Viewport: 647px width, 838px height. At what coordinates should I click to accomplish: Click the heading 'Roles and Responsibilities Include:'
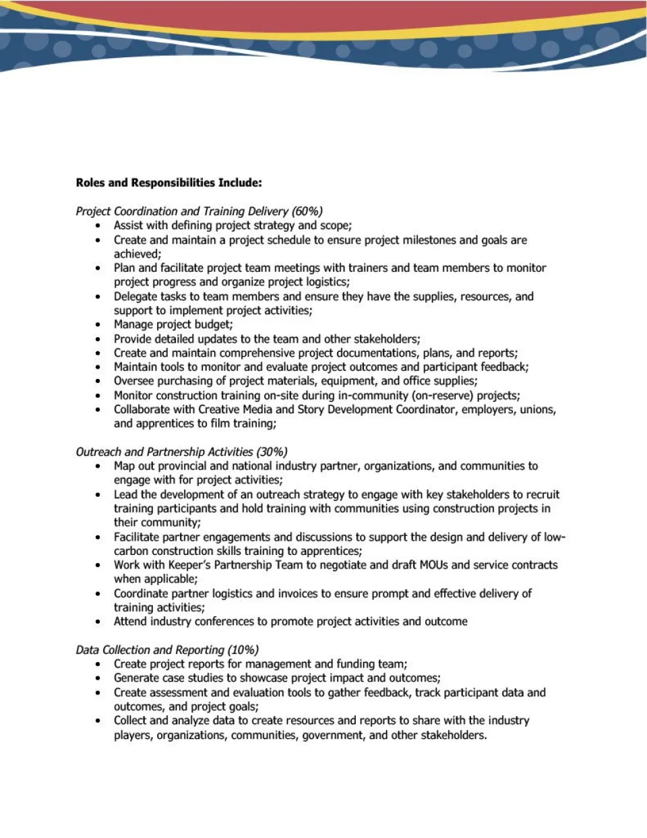pyautogui.click(x=168, y=183)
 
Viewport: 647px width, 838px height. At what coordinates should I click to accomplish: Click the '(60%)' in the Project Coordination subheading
pyautogui.click(x=307, y=211)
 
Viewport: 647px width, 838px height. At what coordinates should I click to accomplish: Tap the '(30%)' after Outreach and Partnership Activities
pyautogui.click(x=272, y=452)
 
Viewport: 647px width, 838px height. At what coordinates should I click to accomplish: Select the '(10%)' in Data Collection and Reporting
pyautogui.click(x=243, y=650)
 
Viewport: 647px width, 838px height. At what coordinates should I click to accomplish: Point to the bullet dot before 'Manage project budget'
pyautogui.click(x=98, y=325)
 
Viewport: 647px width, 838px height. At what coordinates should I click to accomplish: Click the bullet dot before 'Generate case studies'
pyautogui.click(x=98, y=679)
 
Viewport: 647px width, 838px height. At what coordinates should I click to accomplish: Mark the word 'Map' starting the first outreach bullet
pyautogui.click(x=125, y=466)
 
